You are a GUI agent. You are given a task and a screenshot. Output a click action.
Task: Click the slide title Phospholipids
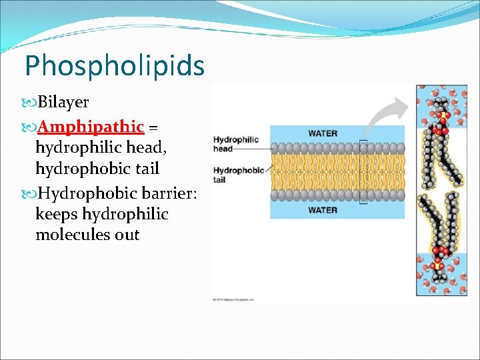(x=114, y=65)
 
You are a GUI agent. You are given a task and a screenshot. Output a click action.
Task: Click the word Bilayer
(x=63, y=103)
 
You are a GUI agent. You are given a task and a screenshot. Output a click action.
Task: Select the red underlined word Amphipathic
(x=91, y=126)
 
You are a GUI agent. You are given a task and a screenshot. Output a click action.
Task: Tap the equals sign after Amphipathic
(x=153, y=127)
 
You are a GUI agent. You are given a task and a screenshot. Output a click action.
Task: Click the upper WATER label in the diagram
(x=323, y=133)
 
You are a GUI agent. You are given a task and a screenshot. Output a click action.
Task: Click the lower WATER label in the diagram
(x=323, y=210)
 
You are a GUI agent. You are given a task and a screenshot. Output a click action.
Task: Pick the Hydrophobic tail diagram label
(x=238, y=175)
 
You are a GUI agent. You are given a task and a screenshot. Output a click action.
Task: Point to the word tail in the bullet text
(x=145, y=169)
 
